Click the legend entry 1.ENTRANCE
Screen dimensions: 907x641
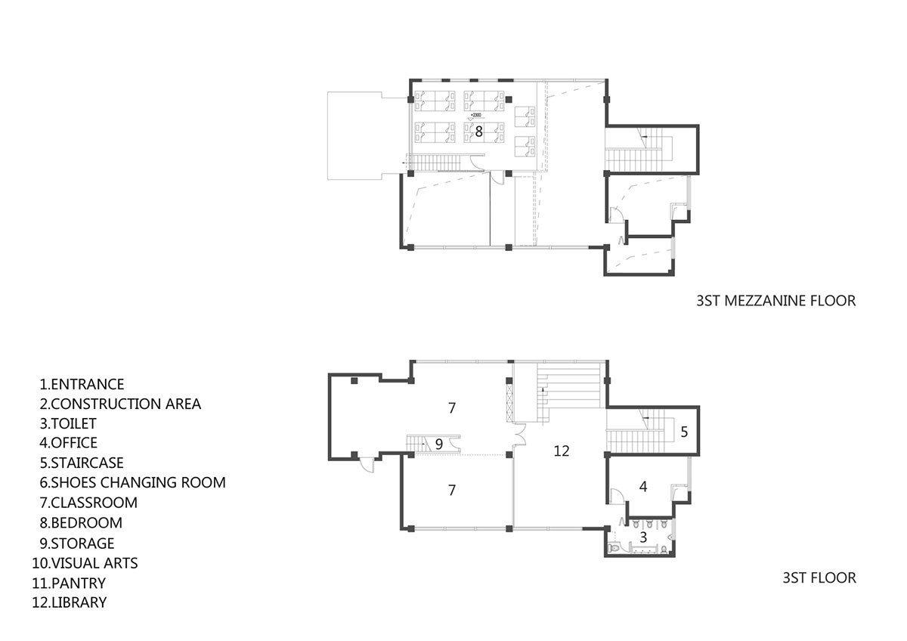tap(82, 384)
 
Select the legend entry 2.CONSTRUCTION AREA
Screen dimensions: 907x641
tap(120, 404)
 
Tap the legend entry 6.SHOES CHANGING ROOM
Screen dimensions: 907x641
tap(132, 482)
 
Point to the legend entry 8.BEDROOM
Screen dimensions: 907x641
tap(81, 523)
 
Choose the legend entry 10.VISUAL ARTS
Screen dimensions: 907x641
tap(85, 563)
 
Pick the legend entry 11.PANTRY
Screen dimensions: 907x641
tap(69, 583)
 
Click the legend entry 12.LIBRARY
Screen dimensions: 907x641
tap(70, 602)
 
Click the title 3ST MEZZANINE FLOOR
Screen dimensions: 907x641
tap(775, 301)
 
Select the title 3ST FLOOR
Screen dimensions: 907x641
tap(819, 578)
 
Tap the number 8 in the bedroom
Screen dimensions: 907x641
tap(478, 132)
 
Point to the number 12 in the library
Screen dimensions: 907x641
tap(561, 451)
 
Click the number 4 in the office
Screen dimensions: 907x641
tap(643, 486)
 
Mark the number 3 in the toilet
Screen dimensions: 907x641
tap(643, 537)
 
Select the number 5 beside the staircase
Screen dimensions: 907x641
tap(684, 432)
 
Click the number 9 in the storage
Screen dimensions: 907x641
tap(439, 444)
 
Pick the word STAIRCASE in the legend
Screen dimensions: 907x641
tap(88, 463)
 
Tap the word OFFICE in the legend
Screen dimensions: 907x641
tap(74, 443)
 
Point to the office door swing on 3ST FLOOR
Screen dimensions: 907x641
tap(616, 497)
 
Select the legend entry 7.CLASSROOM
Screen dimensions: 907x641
tap(88, 503)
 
